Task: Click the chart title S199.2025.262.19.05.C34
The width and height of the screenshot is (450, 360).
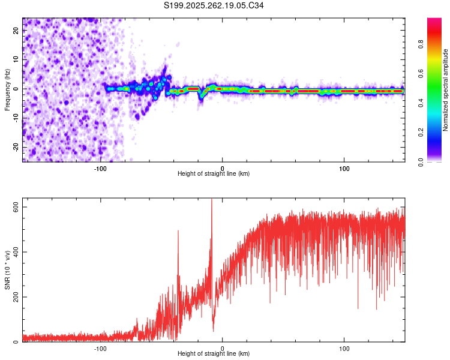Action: [x=214, y=5]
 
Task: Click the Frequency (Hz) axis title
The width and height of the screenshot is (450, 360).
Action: [x=7, y=90]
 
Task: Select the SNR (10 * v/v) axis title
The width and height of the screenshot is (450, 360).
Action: [x=7, y=271]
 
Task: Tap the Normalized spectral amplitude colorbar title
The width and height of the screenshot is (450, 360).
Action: [x=445, y=90]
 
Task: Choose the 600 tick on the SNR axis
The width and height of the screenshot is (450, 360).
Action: [x=16, y=207]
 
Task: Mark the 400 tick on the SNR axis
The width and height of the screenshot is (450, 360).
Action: [x=16, y=252]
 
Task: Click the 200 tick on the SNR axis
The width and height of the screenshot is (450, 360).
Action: [x=16, y=297]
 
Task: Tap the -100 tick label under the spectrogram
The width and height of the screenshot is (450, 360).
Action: [x=100, y=168]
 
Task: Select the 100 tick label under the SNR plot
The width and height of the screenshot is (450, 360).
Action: [x=344, y=348]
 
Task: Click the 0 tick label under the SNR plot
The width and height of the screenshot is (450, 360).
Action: [x=223, y=348]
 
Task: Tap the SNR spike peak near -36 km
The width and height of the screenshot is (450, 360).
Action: [x=178, y=231]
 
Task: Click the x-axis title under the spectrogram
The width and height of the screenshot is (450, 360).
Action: [x=214, y=174]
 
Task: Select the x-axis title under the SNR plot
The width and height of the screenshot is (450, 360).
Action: [x=214, y=354]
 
